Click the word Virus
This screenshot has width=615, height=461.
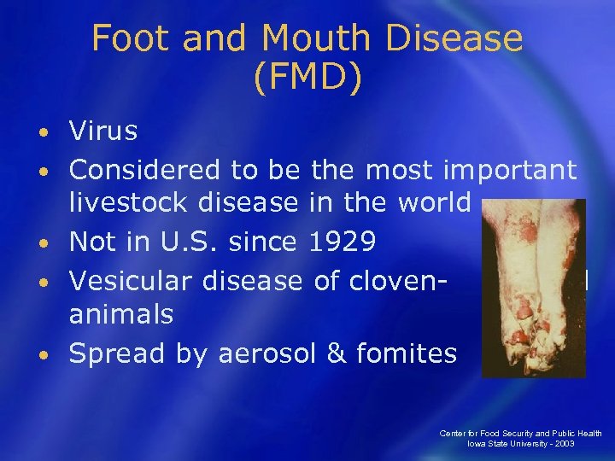(103, 131)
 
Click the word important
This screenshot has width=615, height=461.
(511, 171)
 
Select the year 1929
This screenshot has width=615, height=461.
(343, 242)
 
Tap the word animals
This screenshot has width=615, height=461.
(120, 316)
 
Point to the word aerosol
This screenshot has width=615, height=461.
(267, 353)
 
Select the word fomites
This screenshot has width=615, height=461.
(405, 353)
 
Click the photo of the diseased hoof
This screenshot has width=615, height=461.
(534, 289)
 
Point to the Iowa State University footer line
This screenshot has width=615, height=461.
(521, 444)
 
